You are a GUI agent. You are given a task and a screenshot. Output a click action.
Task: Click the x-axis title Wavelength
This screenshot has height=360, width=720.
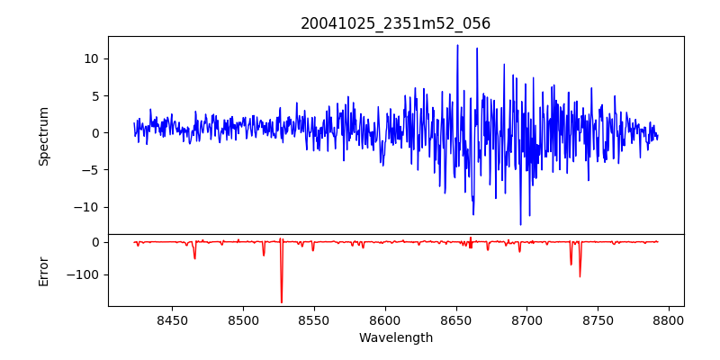pyautogui.click(x=395, y=337)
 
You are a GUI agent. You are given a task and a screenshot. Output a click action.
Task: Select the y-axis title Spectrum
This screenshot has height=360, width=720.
pyautogui.click(x=43, y=136)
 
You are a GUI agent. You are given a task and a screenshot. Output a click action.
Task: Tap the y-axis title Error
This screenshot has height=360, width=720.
pyautogui.click(x=43, y=270)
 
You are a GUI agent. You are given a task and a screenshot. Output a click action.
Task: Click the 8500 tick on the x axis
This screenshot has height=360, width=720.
pyautogui.click(x=243, y=319)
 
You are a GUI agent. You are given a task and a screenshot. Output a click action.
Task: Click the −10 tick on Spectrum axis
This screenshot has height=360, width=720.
pyautogui.click(x=87, y=207)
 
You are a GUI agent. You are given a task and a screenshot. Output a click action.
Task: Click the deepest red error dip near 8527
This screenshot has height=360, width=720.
pyautogui.click(x=282, y=301)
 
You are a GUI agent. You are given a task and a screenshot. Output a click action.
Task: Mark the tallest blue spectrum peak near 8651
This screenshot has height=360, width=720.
pyautogui.click(x=457, y=45)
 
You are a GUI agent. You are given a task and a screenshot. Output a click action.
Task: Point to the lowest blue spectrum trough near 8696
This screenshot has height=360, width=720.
pyautogui.click(x=520, y=224)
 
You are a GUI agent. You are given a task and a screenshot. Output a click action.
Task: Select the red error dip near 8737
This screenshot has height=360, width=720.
pyautogui.click(x=580, y=275)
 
